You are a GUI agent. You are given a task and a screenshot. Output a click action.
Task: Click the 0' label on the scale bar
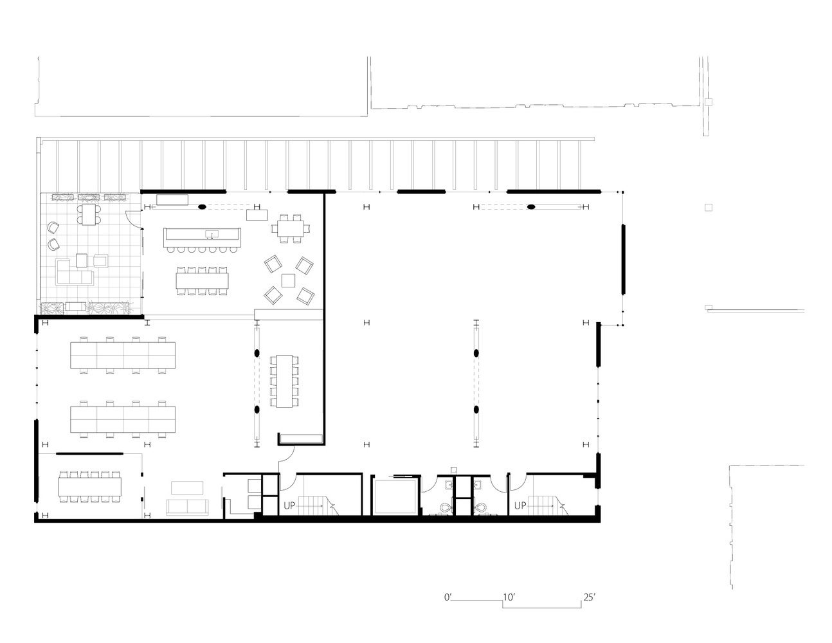pyautogui.click(x=448, y=597)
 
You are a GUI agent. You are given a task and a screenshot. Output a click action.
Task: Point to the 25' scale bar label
pyautogui.click(x=589, y=597)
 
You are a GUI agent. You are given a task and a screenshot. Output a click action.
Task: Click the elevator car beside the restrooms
pyautogui.click(x=395, y=496)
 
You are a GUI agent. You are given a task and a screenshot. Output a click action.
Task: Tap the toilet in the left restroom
pyautogui.click(x=444, y=507)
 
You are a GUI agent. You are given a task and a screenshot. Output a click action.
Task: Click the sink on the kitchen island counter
pyautogui.click(x=210, y=234)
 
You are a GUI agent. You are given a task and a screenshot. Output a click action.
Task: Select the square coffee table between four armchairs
pyautogui.click(x=289, y=280)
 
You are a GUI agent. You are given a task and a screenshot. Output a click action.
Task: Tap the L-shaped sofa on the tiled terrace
pyautogui.click(x=72, y=273)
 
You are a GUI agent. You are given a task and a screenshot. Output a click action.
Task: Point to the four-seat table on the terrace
pyautogui.click(x=87, y=214)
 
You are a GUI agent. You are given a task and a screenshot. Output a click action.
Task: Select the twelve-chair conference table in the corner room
pyautogui.click(x=89, y=486)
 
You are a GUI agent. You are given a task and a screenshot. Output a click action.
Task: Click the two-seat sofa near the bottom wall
pyautogui.click(x=186, y=507)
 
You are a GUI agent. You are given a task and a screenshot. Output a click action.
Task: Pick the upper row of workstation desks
pyautogui.click(x=122, y=353)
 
